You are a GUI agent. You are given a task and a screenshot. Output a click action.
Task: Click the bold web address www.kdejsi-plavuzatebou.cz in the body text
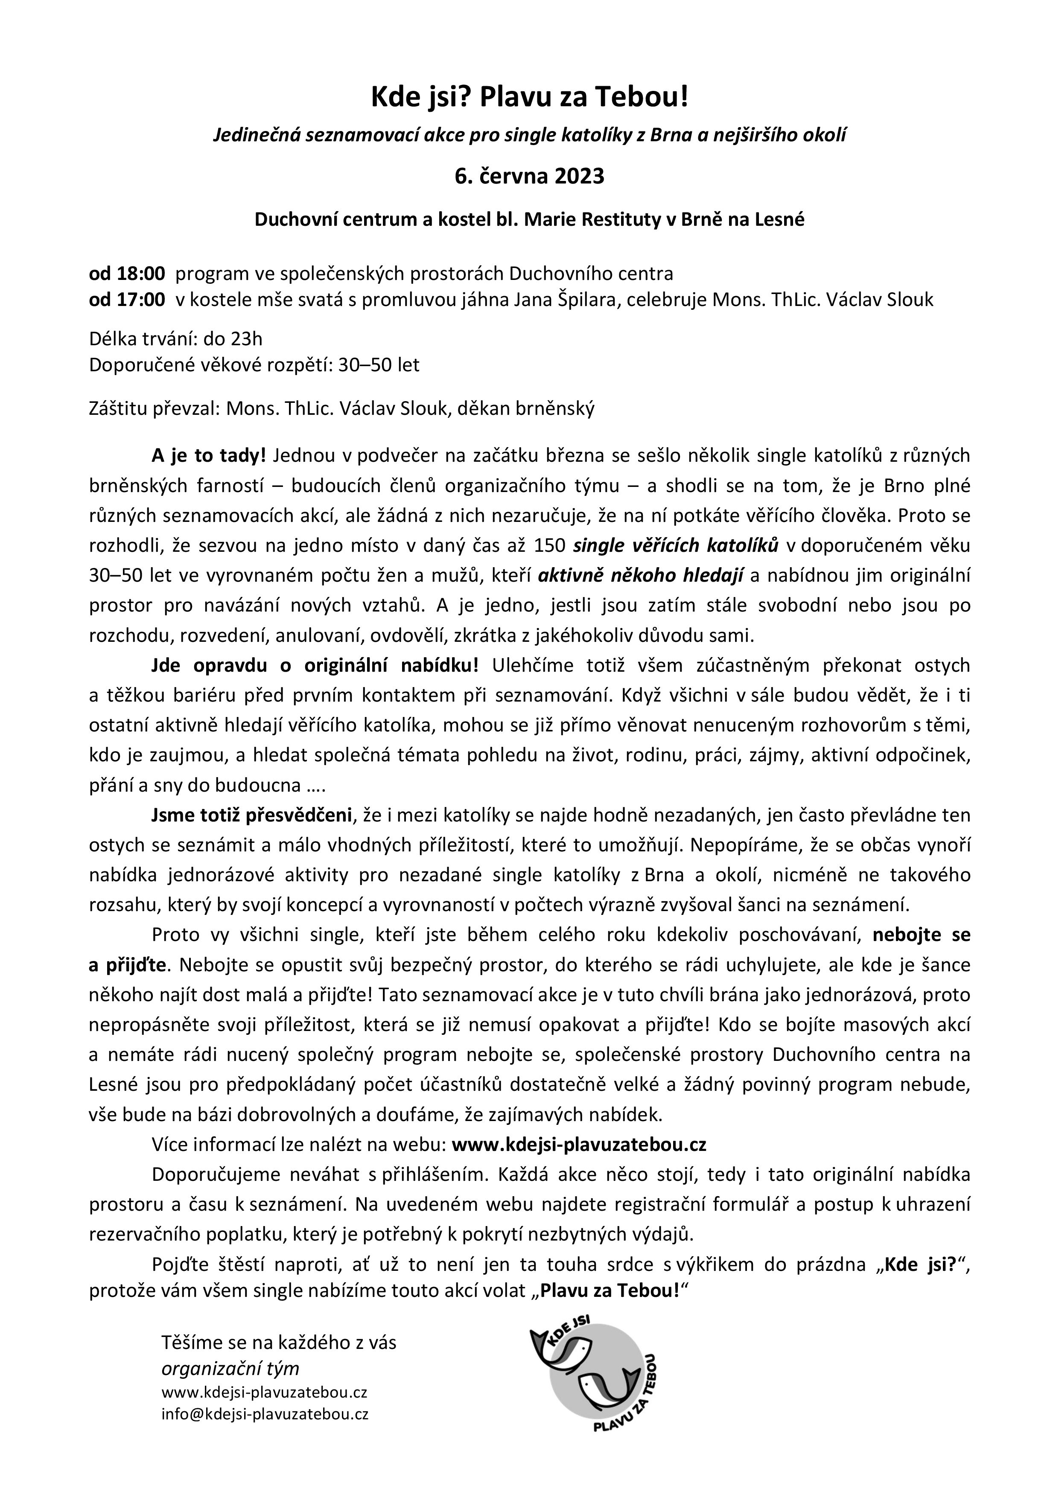[579, 1145]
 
